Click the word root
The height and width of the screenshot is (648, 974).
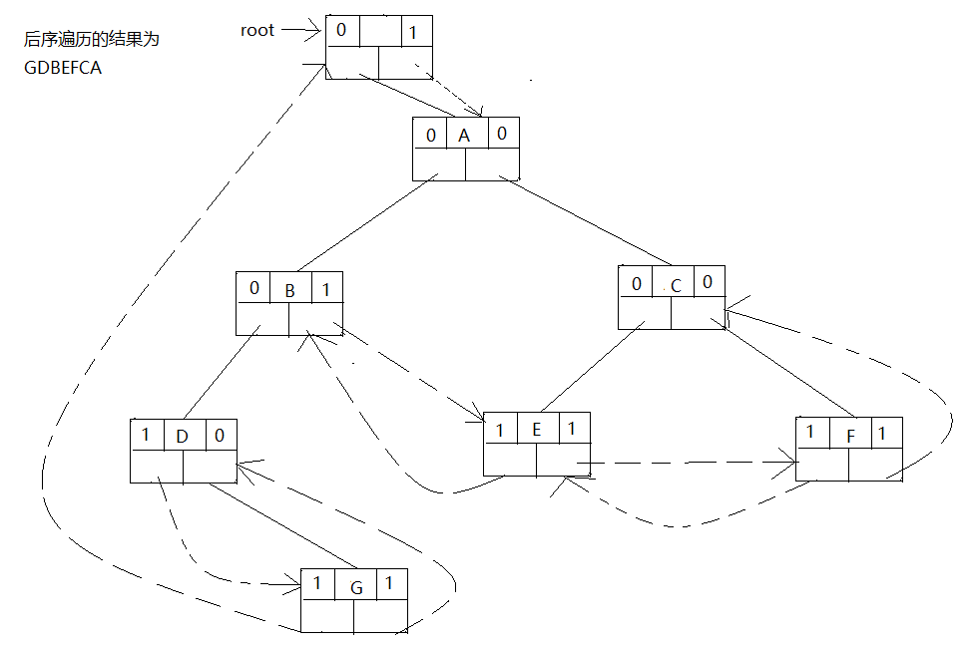pos(256,30)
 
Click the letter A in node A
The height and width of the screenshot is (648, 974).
pos(464,136)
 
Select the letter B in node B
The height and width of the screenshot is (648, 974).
pos(289,291)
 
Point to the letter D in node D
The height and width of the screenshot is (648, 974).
pos(182,437)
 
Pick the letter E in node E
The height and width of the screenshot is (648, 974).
pos(536,430)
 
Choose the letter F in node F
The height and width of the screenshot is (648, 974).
pos(850,435)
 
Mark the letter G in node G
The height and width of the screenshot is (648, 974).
pos(356,587)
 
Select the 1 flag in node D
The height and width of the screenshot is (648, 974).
pos(145,435)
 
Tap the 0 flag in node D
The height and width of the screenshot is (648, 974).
pos(220,436)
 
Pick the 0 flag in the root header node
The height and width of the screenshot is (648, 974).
pos(341,30)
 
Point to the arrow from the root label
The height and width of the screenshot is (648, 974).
pos(299,30)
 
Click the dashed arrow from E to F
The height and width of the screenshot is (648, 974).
pos(689,463)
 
